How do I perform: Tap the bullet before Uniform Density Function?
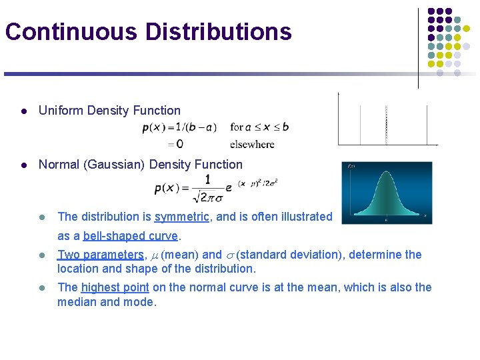[x=23, y=111]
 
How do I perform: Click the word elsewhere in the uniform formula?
[x=252, y=143]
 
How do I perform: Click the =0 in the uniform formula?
[x=175, y=143]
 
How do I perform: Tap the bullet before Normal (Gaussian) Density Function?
[x=23, y=165]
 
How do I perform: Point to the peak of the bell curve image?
[x=386, y=173]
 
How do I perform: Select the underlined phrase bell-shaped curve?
[x=131, y=236]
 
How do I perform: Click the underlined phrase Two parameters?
[x=101, y=254]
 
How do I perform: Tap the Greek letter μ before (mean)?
[x=154, y=255]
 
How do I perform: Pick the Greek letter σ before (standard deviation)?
[x=230, y=255]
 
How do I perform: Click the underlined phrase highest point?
[x=115, y=287]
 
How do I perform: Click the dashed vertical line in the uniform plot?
[x=386, y=125]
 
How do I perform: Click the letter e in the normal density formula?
[x=229, y=188]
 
